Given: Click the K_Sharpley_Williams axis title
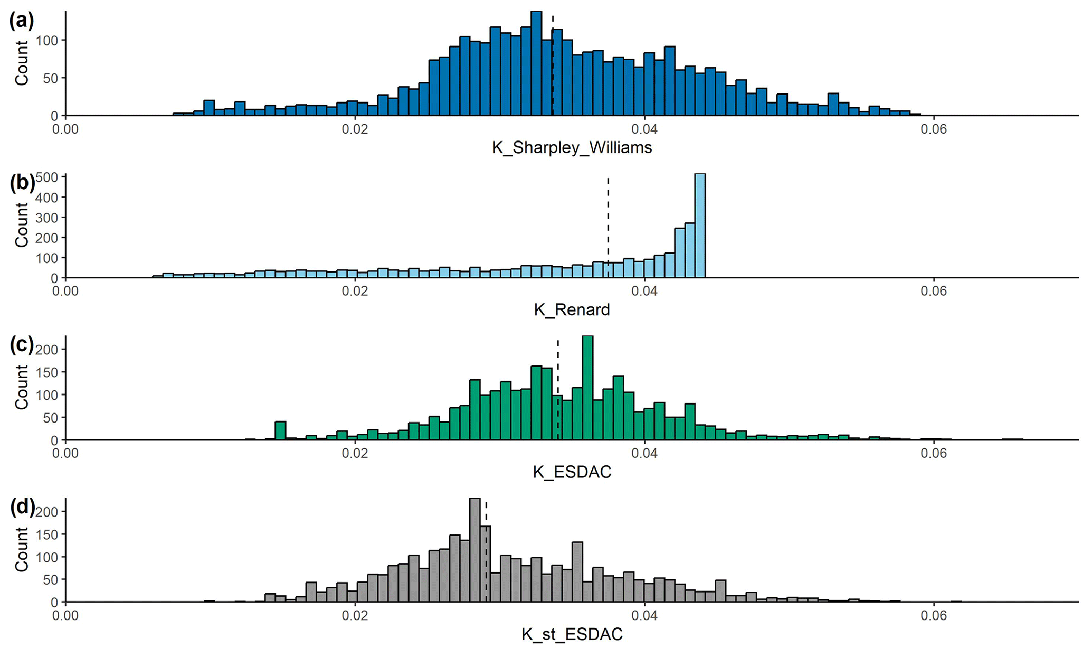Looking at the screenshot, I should (572, 147).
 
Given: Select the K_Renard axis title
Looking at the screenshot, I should (572, 309).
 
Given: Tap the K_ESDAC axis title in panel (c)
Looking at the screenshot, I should (572, 472).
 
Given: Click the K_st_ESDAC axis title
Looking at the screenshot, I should (572, 634).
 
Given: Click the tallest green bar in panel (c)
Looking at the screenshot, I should (587, 388).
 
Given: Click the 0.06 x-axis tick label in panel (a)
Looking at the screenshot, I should (934, 129).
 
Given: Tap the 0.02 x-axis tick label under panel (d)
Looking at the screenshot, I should (355, 615).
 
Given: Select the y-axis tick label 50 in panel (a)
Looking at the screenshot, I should (51, 78).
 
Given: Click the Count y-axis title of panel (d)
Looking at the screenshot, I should (22, 549).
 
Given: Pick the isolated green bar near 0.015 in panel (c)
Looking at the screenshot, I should (281, 430).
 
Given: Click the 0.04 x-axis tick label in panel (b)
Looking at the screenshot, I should (644, 291).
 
